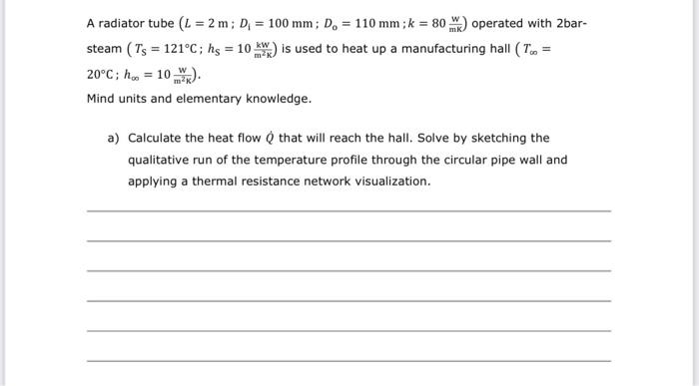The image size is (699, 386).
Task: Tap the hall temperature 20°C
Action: (103, 75)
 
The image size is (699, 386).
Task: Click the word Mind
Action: (101, 100)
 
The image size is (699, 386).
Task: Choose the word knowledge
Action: (282, 100)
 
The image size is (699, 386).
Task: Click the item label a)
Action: (113, 138)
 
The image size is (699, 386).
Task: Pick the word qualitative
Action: (160, 160)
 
